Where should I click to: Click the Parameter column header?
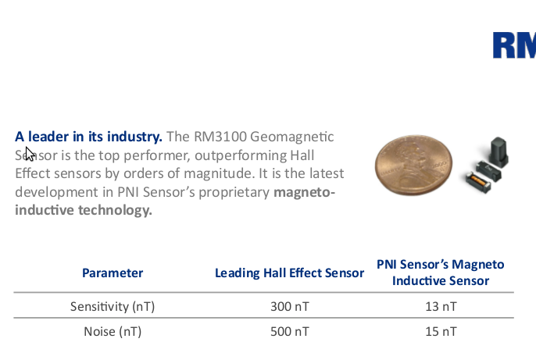tap(113, 273)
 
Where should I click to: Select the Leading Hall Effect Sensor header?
tap(289, 273)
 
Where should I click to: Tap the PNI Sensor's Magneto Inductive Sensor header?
tap(441, 273)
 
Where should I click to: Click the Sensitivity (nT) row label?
tap(113, 306)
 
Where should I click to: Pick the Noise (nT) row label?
tap(113, 332)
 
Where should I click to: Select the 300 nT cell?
tap(290, 306)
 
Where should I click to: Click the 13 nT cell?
tap(441, 306)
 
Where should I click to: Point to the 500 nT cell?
tap(290, 332)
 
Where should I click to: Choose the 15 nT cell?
tap(441, 332)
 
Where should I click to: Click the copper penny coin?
tap(413, 165)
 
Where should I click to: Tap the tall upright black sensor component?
tap(498, 151)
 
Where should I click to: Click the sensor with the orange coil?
tap(478, 182)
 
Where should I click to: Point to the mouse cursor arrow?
tap(30, 154)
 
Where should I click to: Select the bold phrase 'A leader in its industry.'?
tap(88, 137)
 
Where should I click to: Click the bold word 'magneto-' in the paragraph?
tap(304, 192)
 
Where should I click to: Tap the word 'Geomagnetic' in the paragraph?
tap(292, 137)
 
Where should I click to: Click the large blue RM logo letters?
tap(514, 45)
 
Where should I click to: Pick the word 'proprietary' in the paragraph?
tap(234, 193)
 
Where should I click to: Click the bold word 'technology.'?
tap(115, 210)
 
